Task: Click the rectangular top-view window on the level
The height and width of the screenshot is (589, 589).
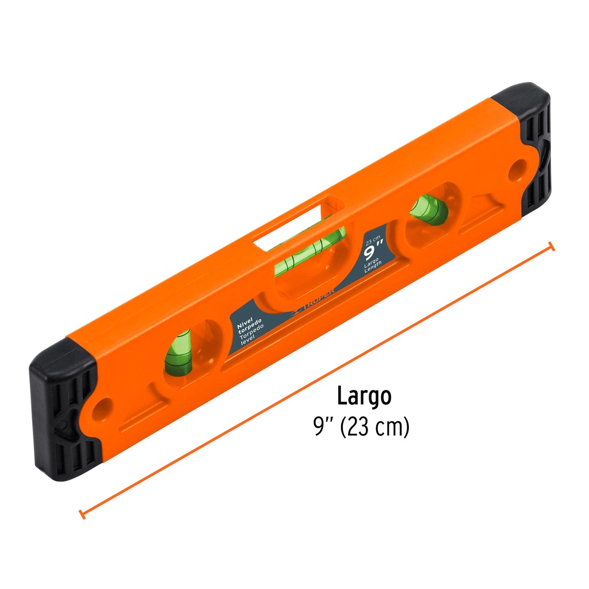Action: [x=290, y=223]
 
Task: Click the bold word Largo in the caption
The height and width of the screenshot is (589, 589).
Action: [x=364, y=396]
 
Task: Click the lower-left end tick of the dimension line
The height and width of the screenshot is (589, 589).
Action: [x=82, y=514]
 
